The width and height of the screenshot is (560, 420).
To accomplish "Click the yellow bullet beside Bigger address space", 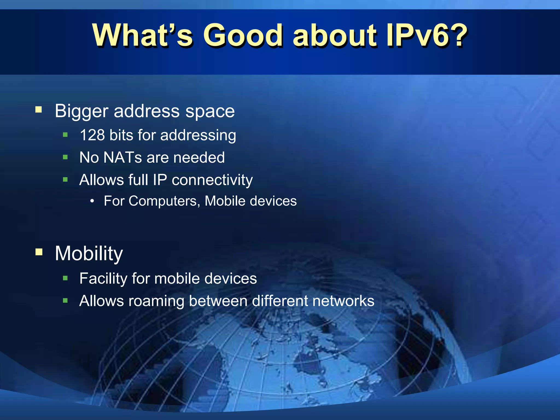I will pos(39,110).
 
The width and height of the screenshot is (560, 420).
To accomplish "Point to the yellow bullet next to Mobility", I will pos(39,252).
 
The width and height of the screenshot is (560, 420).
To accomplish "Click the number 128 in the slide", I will pos(92,135).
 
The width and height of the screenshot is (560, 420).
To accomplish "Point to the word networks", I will pos(343,301).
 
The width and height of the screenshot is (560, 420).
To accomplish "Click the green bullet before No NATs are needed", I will pos(65,157).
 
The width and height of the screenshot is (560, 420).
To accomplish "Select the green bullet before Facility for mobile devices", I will pos(65,278).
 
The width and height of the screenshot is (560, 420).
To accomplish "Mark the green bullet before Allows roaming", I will pos(65,301).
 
